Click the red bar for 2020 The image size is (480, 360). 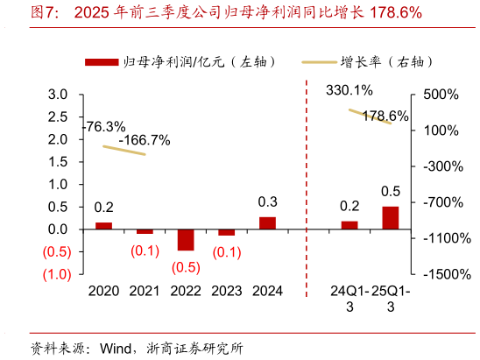[103, 225]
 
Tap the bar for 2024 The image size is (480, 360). [267, 222]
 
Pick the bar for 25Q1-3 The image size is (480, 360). [390, 218]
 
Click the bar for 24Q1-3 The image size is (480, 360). [349, 225]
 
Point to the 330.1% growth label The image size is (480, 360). [349, 90]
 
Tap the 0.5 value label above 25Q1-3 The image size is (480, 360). [391, 191]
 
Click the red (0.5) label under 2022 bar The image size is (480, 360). [186, 267]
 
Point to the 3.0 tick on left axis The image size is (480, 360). [59, 95]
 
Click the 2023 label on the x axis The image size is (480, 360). [226, 291]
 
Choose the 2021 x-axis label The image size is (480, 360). [145, 291]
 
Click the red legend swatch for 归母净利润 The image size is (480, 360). [102, 61]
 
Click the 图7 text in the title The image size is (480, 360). [46, 13]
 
